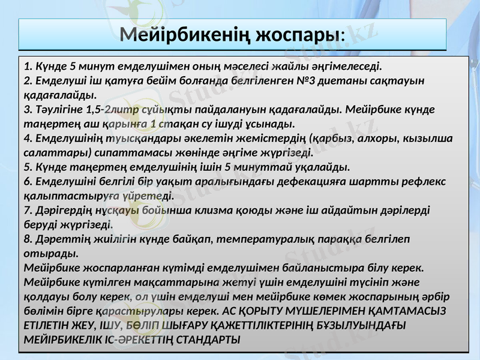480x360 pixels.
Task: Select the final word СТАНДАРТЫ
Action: [x=206, y=340]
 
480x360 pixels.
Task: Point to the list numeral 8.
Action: [x=27, y=239]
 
